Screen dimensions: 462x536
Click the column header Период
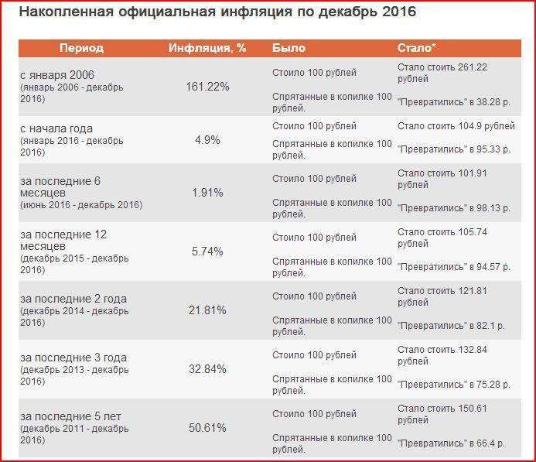point(81,48)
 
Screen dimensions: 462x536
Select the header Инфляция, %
point(207,48)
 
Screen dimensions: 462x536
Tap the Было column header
point(289,48)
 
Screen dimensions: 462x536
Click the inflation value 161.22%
point(207,87)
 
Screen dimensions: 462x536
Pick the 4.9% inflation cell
point(207,140)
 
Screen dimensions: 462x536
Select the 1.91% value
point(207,192)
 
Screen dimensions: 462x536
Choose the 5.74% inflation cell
point(207,252)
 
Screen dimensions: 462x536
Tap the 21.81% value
point(207,310)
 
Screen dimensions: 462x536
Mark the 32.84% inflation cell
point(207,369)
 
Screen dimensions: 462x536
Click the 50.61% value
point(207,428)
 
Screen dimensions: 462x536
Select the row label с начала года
point(58,128)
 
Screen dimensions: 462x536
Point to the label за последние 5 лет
point(71,416)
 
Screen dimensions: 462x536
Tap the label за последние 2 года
point(73,299)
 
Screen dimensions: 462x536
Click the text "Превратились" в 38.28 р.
point(454,101)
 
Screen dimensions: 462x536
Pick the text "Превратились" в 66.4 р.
point(452,443)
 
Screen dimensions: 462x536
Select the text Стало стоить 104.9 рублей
point(456,125)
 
